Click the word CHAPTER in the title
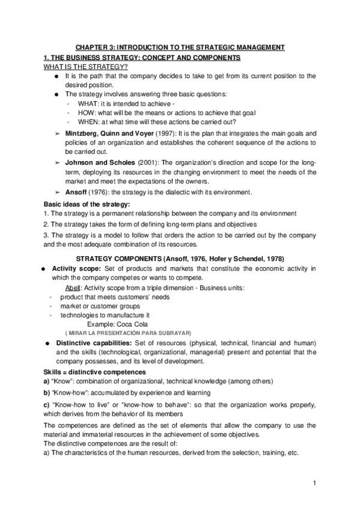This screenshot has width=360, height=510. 90,47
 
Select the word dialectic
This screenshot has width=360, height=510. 162,192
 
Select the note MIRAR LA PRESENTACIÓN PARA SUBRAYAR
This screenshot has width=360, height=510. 128,333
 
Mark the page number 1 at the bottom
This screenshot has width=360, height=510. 314,483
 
